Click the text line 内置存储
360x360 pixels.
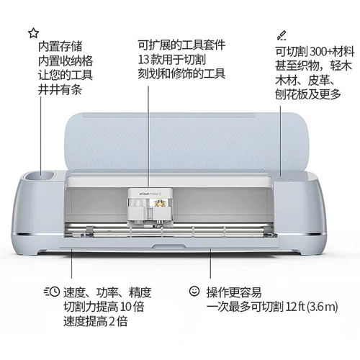pyautogui.click(x=59, y=47)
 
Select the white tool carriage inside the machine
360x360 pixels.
pyautogui.click(x=150, y=207)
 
